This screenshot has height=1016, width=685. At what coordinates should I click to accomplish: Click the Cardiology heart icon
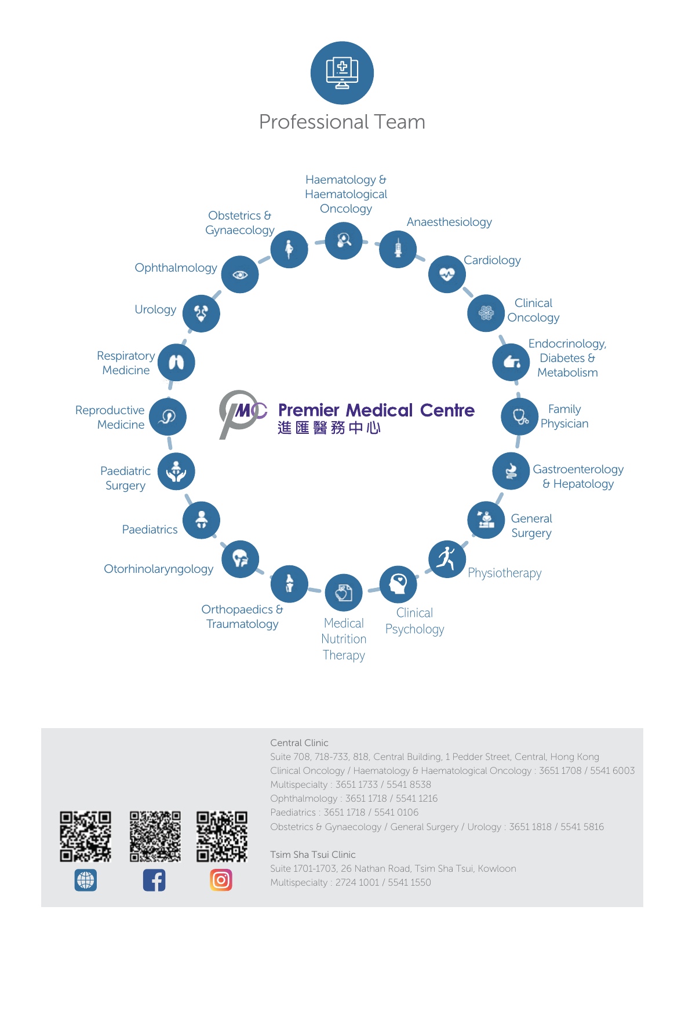click(x=447, y=274)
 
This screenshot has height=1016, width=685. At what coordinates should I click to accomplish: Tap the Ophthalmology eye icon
click(x=240, y=274)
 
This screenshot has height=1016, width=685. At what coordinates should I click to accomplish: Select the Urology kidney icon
click(x=201, y=313)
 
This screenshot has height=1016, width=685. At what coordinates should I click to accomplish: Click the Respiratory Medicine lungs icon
click(x=176, y=363)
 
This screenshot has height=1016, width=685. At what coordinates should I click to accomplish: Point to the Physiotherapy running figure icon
click(x=447, y=559)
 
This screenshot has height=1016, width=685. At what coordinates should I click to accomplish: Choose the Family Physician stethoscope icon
click(x=520, y=416)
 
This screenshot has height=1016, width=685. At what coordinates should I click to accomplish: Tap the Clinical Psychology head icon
click(x=398, y=584)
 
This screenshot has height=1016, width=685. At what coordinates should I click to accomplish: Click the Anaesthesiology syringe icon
click(x=398, y=249)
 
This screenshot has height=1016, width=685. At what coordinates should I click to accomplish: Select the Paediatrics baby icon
click(x=201, y=520)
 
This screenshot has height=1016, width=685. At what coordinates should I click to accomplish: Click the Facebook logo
click(x=154, y=880)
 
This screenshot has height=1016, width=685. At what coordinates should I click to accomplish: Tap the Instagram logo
click(x=221, y=880)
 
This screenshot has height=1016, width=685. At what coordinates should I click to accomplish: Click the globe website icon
click(x=86, y=880)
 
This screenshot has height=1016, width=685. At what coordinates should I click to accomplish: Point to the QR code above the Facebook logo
click(x=155, y=836)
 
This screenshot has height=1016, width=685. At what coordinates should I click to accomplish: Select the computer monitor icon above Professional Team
click(x=342, y=73)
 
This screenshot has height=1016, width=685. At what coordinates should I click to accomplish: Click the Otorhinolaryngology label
click(x=158, y=569)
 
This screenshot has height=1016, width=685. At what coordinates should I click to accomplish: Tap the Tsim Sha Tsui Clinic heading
click(x=313, y=854)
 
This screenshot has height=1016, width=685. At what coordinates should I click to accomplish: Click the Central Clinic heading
click(x=299, y=743)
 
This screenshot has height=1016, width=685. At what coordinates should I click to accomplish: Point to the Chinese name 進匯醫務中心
click(x=329, y=428)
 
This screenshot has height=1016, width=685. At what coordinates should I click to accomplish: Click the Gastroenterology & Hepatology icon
click(x=511, y=471)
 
